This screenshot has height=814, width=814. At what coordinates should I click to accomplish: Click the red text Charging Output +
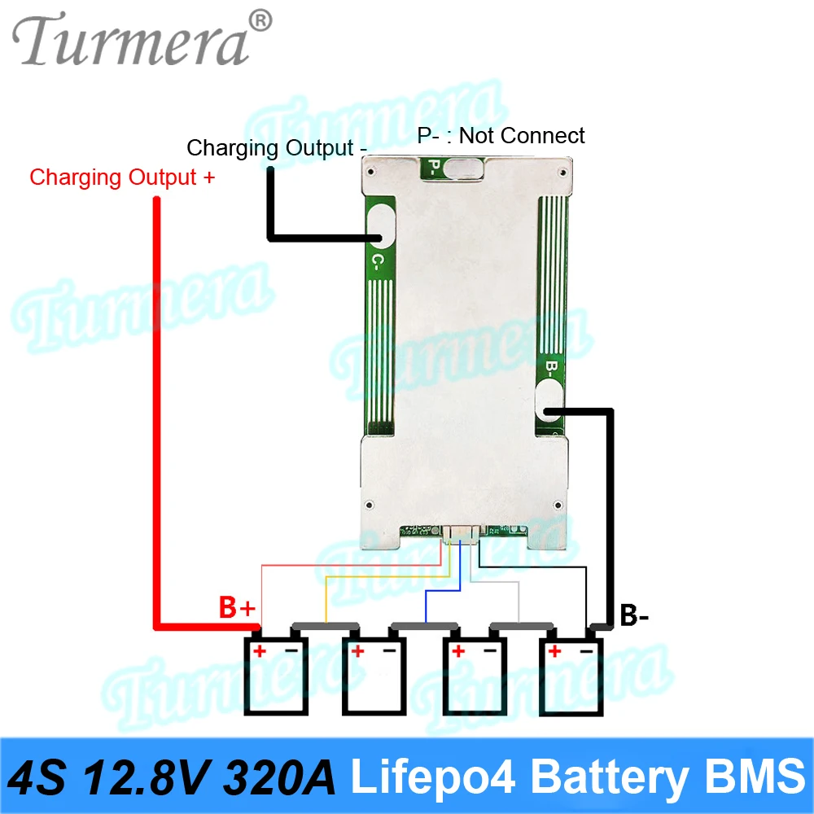[x=122, y=177]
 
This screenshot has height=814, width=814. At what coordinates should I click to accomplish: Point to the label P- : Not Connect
[x=501, y=135]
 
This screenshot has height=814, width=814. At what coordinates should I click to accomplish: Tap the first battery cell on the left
[x=276, y=671]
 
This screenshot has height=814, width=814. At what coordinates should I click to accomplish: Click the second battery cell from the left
[x=373, y=671]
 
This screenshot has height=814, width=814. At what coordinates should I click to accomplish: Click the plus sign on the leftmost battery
[x=260, y=650]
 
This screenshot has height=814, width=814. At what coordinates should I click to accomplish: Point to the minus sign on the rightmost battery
[x=586, y=650]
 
